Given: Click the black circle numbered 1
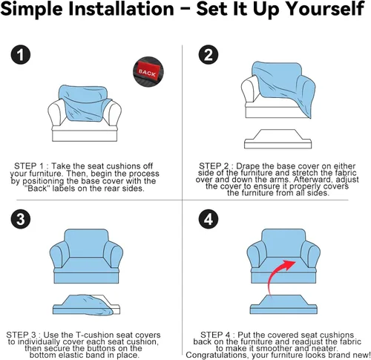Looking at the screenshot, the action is (x=21, y=54).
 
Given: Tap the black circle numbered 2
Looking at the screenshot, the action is (x=209, y=54).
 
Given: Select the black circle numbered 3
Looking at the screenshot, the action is (x=21, y=219).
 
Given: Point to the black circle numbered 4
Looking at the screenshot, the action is (x=209, y=219).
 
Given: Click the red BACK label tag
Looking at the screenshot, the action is (x=148, y=72).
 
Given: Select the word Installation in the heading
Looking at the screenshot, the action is (x=121, y=9).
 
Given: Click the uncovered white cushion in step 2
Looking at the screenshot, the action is (x=278, y=139).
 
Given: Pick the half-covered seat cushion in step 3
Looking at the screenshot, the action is (x=86, y=305).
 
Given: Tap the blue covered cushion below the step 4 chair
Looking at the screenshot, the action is (x=283, y=304).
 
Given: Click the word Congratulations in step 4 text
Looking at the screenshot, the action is (x=217, y=355).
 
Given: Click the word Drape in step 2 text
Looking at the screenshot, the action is (x=247, y=166).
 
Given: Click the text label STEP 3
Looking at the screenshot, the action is (x=22, y=335).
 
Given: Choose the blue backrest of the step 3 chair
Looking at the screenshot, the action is (x=86, y=243).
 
